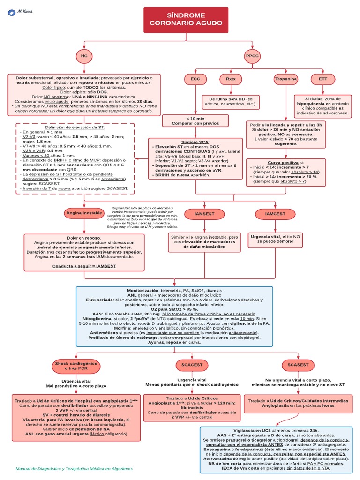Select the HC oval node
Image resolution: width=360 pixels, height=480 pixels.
tap(84, 56)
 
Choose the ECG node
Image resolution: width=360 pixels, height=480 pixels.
tap(195, 79)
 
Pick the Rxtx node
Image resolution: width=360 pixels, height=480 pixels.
tap(231, 79)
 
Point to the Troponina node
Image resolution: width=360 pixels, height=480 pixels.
tap(286, 79)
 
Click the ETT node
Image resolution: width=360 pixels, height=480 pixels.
tap(323, 79)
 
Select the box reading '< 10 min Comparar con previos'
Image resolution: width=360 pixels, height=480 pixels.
tap(195, 121)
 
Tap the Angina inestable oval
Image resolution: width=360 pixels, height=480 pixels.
tap(84, 213)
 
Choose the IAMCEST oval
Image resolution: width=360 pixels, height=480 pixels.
tap(275, 214)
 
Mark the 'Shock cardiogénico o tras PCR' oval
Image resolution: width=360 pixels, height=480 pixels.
tap(76, 366)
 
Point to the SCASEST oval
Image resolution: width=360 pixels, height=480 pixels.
tap(298, 365)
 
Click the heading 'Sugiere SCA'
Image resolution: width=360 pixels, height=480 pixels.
tap(195, 142)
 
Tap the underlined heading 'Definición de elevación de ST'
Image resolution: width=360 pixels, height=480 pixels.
tap(75, 127)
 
